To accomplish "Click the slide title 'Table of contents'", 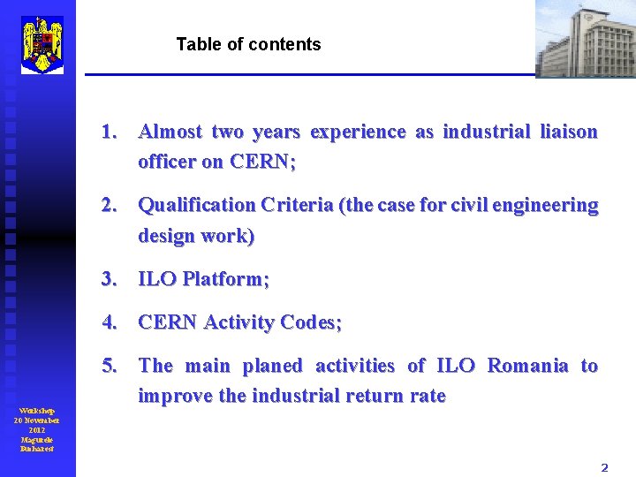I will pyautogui.click(x=248, y=44).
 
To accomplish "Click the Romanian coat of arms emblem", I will pyautogui.click(x=42, y=44).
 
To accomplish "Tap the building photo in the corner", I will pyautogui.click(x=586, y=39).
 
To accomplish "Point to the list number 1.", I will pyautogui.click(x=110, y=132).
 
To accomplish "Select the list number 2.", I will pyautogui.click(x=110, y=206).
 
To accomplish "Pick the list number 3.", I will pyautogui.click(x=110, y=279).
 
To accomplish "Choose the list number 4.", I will pyautogui.click(x=110, y=322).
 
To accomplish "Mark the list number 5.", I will pyautogui.click(x=110, y=366).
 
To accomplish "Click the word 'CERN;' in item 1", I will pyautogui.click(x=262, y=163).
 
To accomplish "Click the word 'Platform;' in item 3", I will pyautogui.click(x=225, y=279).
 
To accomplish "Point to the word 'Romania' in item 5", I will pyautogui.click(x=527, y=366).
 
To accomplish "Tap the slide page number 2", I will pyautogui.click(x=604, y=467).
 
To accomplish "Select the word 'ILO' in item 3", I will pyautogui.click(x=157, y=279).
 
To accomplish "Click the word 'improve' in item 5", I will pyautogui.click(x=175, y=397).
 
